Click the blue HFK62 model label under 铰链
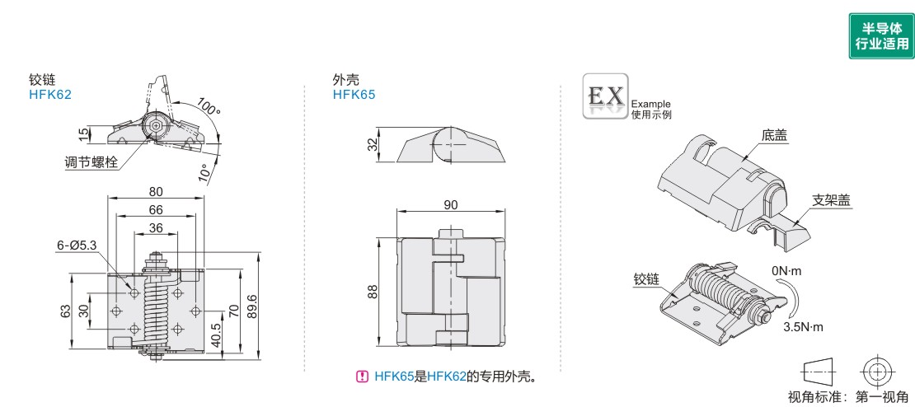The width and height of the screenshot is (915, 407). (50, 94)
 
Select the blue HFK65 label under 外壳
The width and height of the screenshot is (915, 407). (354, 94)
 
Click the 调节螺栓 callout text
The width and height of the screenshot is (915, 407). (91, 161)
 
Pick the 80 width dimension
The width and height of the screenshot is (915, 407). (156, 191)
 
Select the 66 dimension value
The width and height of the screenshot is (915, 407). (156, 209)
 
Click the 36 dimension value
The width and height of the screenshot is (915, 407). (155, 228)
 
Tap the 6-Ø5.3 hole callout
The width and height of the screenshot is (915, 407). (77, 245)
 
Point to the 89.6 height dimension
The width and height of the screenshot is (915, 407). (253, 301)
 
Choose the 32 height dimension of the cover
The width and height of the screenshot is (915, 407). (373, 145)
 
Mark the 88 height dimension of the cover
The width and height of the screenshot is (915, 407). (373, 292)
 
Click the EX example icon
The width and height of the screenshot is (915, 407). (605, 96)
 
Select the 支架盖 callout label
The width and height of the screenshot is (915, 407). (831, 199)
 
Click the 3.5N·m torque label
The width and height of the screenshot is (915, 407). (803, 327)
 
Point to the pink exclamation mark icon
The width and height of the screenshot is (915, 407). (362, 377)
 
